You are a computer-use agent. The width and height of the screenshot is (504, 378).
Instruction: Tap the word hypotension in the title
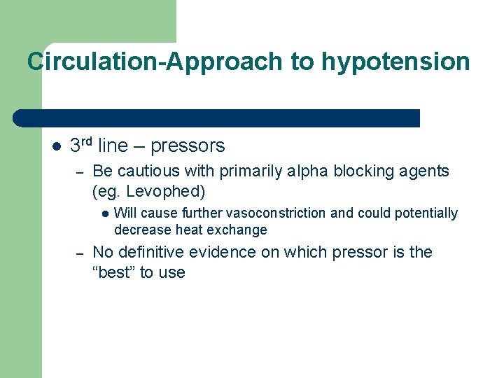pyautogui.click(x=395, y=62)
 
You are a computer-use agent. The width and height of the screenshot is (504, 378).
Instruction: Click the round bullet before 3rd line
pyautogui.click(x=56, y=147)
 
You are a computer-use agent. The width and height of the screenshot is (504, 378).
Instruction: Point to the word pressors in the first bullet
pyautogui.click(x=188, y=146)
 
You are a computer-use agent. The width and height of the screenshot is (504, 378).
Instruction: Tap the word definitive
pyautogui.click(x=151, y=252)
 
